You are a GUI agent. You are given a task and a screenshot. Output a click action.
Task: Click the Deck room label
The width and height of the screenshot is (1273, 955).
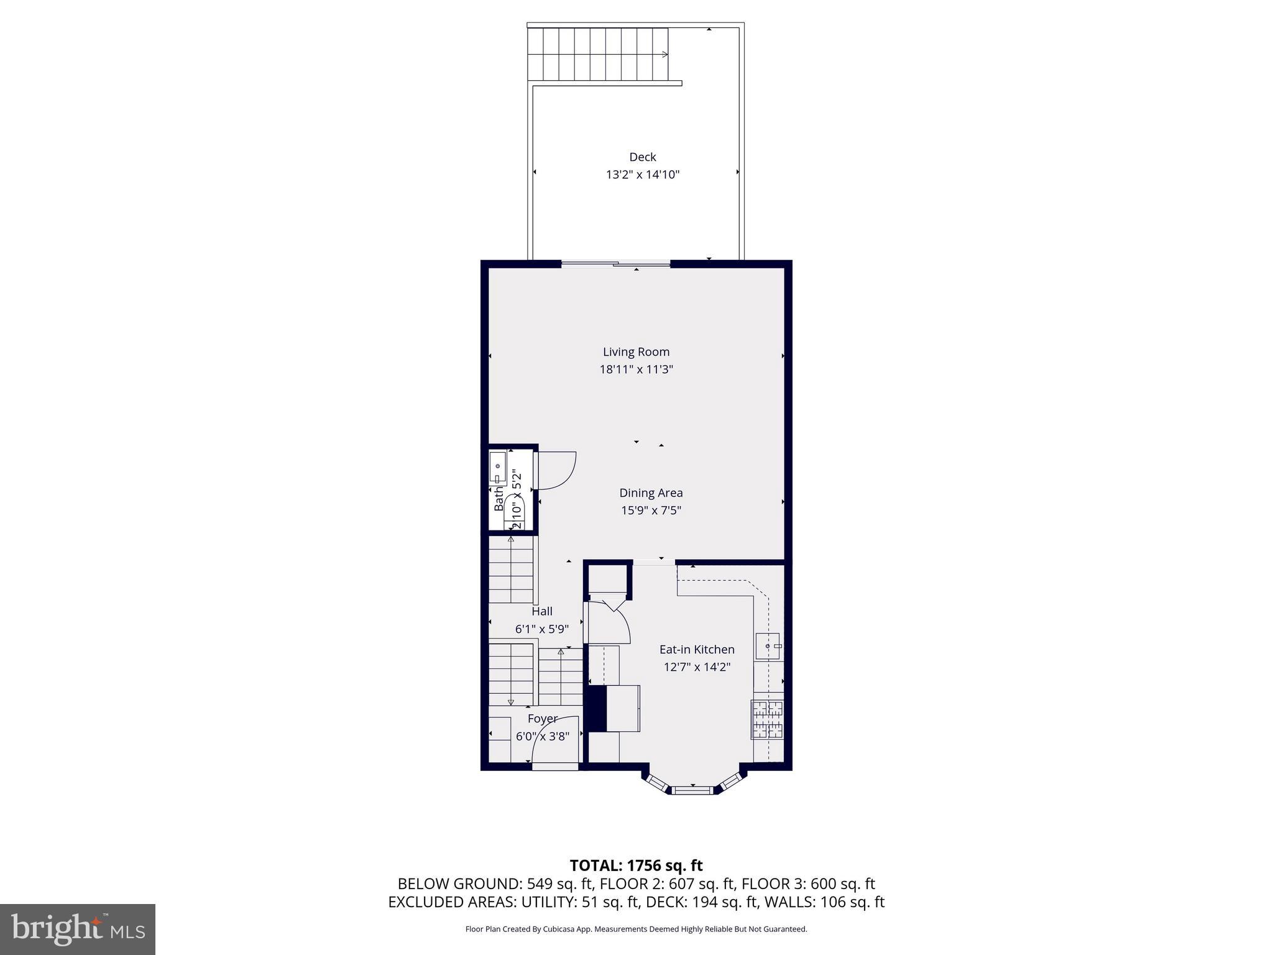click(642, 157)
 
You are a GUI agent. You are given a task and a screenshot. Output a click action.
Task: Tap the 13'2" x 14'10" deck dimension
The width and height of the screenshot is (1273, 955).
click(642, 175)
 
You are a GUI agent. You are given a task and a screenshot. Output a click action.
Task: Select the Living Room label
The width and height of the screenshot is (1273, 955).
click(636, 352)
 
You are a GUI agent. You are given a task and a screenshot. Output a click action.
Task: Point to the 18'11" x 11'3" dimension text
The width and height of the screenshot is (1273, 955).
click(636, 369)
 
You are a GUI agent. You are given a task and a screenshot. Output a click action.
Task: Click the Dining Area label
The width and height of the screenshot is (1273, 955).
click(651, 493)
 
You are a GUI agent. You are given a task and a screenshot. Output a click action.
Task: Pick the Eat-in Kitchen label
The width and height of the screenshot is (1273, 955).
click(696, 650)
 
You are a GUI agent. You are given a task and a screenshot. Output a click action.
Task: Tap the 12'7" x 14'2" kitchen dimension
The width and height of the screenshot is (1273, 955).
click(696, 667)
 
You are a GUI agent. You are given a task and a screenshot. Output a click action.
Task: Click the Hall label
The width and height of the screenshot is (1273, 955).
click(541, 611)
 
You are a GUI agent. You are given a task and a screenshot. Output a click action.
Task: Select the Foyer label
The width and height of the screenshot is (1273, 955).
click(542, 719)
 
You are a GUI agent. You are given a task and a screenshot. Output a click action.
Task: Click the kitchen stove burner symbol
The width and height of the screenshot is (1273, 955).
click(767, 719)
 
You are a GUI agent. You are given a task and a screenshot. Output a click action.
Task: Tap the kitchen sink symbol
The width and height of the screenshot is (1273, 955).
click(768, 647)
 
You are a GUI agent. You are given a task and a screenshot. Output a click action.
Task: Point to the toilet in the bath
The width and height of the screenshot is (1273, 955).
click(515, 509)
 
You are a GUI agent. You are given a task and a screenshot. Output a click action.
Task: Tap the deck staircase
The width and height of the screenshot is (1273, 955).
click(599, 55)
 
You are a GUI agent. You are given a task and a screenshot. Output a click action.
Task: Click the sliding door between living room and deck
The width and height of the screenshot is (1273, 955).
click(615, 264)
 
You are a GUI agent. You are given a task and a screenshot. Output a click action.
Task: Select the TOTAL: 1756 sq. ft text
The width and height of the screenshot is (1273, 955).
click(636, 865)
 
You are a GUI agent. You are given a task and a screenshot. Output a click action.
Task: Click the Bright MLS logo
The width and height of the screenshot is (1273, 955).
click(78, 929)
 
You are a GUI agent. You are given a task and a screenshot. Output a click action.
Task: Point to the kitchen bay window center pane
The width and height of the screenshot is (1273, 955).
click(692, 790)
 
